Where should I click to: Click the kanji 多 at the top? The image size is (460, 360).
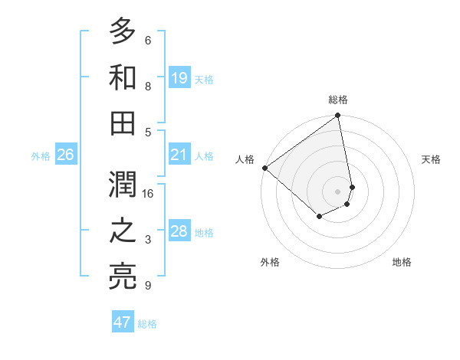click(123, 32)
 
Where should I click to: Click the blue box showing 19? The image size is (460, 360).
click(179, 77)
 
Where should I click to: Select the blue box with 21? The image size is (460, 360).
click(179, 155)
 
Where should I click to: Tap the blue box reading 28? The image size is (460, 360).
click(179, 232)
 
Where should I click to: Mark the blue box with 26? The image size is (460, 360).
click(65, 155)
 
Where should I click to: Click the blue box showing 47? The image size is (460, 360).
click(123, 322)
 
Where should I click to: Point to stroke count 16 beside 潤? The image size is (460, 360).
click(149, 194)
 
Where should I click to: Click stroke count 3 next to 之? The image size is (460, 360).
click(148, 241)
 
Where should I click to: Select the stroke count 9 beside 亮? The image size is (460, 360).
click(148, 286)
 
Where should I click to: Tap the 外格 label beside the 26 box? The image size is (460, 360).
click(41, 156)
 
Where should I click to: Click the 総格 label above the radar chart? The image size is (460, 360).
click(337, 100)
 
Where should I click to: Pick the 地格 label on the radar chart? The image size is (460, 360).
click(402, 263)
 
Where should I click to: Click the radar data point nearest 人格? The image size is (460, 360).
click(264, 168)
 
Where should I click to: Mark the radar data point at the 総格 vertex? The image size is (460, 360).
click(337, 116)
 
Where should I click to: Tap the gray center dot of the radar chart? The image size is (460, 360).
click(337, 191)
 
